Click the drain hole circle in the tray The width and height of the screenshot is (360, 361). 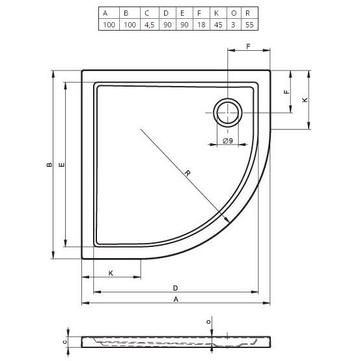[x=228, y=113]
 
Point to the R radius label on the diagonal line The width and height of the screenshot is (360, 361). [x=186, y=173]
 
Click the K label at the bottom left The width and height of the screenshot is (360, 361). [x=111, y=272]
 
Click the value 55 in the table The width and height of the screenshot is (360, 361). [x=247, y=25]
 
